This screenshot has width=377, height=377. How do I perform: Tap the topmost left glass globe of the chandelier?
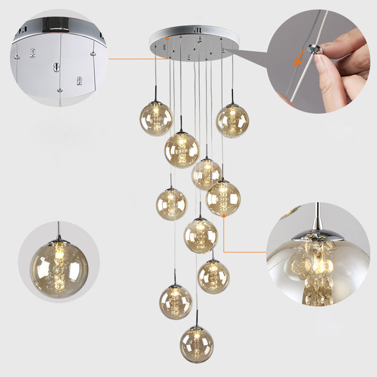156,118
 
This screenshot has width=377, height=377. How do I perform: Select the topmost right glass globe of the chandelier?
232,121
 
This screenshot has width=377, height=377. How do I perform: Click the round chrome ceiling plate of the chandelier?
193,42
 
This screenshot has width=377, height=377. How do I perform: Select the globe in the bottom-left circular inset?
59,269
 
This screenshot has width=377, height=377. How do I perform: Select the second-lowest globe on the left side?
175,302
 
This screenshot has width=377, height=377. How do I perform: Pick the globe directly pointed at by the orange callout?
223,198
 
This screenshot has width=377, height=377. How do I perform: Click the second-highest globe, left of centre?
181,150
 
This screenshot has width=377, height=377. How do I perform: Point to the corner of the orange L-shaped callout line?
223,251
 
